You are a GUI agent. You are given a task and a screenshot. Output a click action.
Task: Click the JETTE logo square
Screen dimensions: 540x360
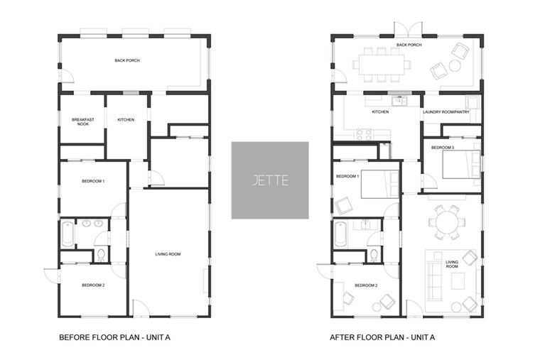(270, 180)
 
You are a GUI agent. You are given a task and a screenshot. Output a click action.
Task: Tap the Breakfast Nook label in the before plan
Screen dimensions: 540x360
(82, 122)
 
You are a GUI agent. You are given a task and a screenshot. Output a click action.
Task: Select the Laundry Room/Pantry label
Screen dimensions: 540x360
(446, 112)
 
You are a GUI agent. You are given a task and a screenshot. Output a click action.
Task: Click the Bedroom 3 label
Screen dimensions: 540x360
(443, 148)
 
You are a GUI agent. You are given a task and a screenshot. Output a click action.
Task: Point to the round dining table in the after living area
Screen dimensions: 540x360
(447, 223)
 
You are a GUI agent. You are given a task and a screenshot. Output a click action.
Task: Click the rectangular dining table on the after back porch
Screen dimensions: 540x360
(382, 65)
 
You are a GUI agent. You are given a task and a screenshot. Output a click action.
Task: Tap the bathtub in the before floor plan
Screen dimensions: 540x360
(67, 234)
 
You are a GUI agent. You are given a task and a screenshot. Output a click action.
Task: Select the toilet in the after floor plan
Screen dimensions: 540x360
(374, 255)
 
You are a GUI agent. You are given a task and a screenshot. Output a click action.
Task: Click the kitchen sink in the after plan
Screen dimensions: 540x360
(399, 101)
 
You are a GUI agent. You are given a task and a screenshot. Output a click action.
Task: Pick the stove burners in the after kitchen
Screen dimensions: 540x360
(364, 134)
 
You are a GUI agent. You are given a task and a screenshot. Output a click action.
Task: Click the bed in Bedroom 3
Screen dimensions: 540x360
(461, 165)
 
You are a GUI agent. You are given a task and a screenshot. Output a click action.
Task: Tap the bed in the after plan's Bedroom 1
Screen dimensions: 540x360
(380, 184)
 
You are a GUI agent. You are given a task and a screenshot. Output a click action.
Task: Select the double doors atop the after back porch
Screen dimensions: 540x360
(408, 29)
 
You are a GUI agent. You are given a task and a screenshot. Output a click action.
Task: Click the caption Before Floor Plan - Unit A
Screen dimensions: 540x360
(114, 337)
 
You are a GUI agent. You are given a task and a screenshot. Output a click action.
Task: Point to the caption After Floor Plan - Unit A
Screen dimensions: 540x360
(382, 337)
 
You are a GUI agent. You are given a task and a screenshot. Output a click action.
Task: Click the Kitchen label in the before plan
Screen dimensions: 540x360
(126, 120)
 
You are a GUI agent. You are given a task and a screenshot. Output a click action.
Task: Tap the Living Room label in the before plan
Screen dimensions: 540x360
(168, 254)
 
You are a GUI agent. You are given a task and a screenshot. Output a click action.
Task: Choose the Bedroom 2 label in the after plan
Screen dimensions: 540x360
(366, 285)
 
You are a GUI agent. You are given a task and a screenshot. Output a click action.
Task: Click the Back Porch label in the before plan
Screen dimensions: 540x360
(127, 60)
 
